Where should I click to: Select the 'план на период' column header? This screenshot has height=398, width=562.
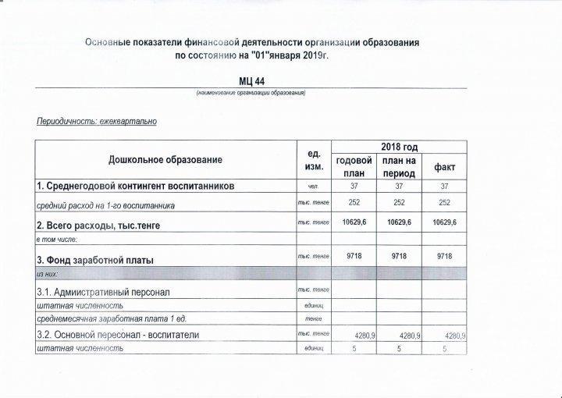(399, 166)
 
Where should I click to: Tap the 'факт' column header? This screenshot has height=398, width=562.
(444, 167)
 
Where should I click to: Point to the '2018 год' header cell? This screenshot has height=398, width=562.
(400, 147)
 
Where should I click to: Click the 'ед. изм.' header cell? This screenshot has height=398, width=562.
(310, 161)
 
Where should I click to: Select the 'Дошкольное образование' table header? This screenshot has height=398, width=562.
(165, 160)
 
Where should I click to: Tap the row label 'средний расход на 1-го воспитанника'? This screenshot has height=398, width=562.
(106, 205)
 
